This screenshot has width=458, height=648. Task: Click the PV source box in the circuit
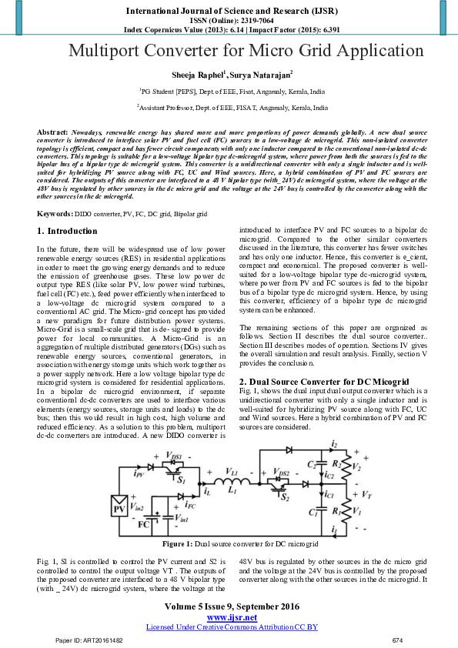[x=120, y=509]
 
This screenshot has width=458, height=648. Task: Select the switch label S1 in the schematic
[x=182, y=480]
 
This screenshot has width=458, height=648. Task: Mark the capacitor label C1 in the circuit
[x=313, y=511]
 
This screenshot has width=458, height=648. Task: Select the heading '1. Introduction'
[x=68, y=231]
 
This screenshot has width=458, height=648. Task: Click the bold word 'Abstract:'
[x=53, y=133]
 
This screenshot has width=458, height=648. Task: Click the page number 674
[x=397, y=640]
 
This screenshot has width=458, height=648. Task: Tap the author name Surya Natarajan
[x=259, y=75]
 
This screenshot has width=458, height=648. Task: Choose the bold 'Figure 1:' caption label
[x=177, y=544]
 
